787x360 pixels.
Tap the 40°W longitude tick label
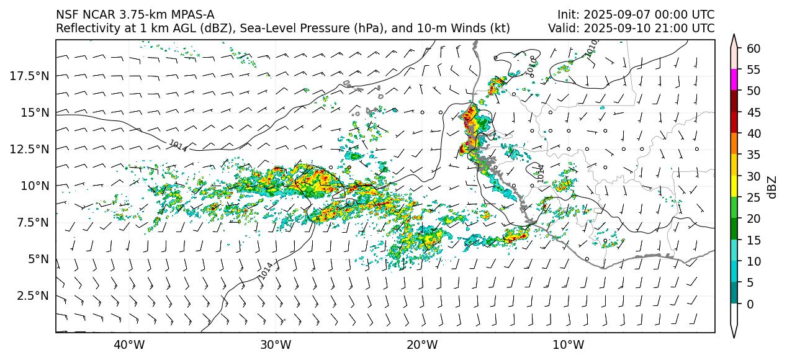129,345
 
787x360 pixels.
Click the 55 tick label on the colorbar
753,70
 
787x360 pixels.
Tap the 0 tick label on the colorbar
750,304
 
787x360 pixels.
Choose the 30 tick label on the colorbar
753,176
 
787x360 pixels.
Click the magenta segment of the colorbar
734,80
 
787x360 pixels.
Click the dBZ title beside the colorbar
773,187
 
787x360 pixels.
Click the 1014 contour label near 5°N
266,271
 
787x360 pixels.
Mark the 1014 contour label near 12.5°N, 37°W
178,146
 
